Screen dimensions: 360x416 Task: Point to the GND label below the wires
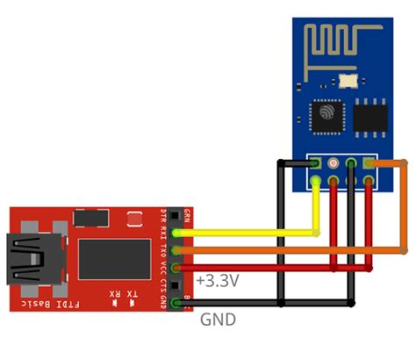point(219,320)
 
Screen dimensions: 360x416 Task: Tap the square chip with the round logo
point(326,114)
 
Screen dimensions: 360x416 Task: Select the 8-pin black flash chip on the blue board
point(369,117)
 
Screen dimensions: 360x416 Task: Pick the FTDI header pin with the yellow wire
point(179,233)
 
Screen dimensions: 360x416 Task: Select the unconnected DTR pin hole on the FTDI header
point(179,216)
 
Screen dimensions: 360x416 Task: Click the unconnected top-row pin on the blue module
point(334,163)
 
